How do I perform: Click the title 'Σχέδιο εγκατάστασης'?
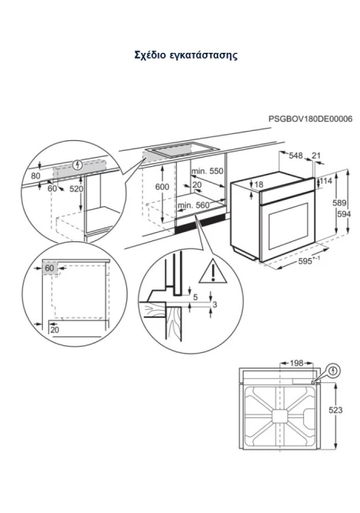point(185,54)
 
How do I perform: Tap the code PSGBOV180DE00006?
point(310,119)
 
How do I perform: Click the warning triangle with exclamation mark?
point(213,271)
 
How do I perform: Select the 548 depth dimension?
point(296,155)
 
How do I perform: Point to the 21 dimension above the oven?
point(316,155)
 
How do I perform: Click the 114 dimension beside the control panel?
point(326,181)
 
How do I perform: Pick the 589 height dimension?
point(339,203)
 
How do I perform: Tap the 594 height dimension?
point(344,214)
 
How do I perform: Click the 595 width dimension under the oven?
point(308,261)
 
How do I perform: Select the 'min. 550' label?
point(207,171)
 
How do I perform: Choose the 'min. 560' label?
point(194,205)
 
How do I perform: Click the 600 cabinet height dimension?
point(162,187)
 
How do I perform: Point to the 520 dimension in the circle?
point(77,189)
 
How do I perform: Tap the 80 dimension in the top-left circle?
point(36,176)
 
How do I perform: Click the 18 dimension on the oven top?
point(259,185)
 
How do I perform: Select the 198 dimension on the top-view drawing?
point(297,363)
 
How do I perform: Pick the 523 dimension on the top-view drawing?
point(335,410)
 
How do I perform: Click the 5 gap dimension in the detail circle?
point(195,297)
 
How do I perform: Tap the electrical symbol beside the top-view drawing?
point(333,371)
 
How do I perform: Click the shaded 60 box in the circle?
point(50,268)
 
